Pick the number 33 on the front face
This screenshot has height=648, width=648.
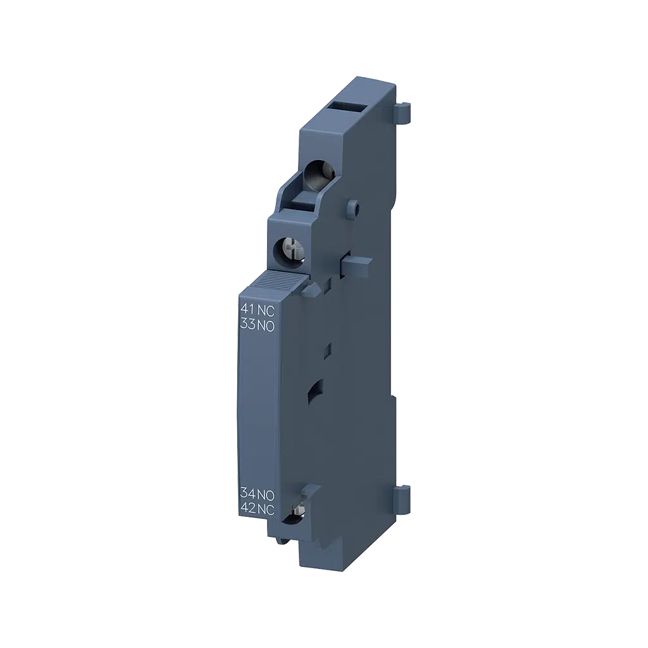pos(248,323)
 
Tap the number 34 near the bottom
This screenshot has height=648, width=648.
pos(248,494)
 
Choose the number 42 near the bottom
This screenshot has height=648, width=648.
pos(248,507)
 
